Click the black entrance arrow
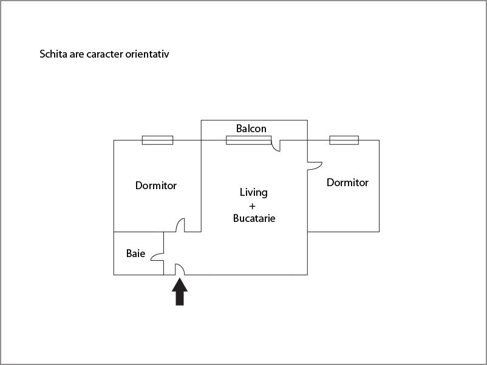[x=180, y=292]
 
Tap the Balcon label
[x=251, y=129]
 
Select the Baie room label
[x=135, y=253]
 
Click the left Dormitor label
[x=156, y=186]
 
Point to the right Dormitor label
[x=347, y=182]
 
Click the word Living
[x=253, y=192]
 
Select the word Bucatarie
[x=254, y=218]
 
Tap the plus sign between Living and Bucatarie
[x=253, y=206]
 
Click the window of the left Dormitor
[x=157, y=140]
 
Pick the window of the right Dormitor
[x=344, y=140]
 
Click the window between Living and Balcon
[x=248, y=140]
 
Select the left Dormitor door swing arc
[x=181, y=226]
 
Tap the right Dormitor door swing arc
[x=315, y=165]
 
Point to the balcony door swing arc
[x=276, y=146]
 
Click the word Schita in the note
[x=53, y=54]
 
